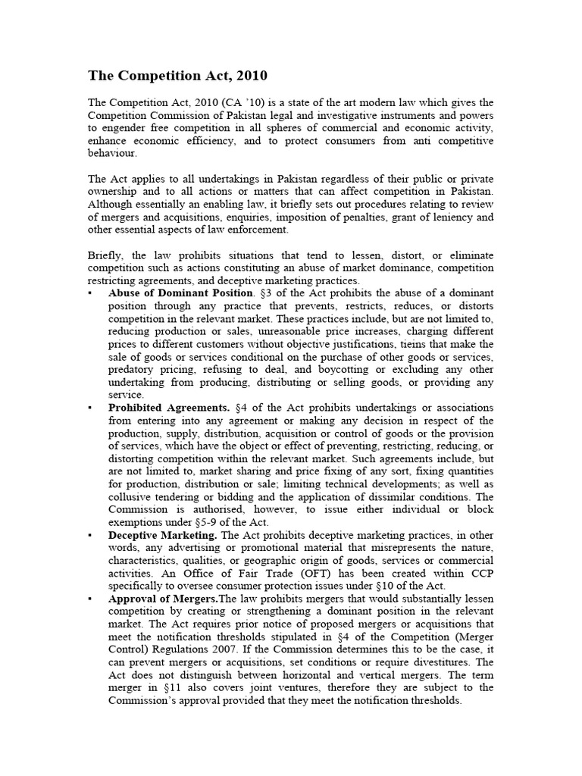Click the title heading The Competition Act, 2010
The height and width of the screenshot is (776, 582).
(x=177, y=76)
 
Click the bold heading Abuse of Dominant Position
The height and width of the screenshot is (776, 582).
(x=180, y=293)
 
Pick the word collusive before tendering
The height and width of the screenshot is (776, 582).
(x=132, y=497)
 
